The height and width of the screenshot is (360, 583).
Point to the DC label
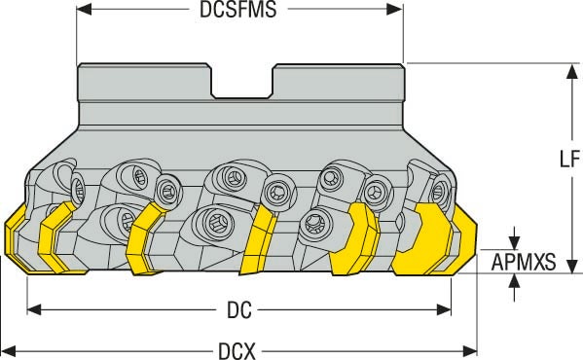click(240, 310)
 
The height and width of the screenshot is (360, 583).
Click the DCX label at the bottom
click(237, 349)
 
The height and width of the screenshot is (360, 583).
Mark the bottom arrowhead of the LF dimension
click(570, 268)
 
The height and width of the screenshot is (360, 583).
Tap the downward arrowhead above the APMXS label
click(515, 240)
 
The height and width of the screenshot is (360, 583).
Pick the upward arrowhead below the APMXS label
click(515, 281)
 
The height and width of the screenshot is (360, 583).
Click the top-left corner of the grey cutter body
click(80, 65)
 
